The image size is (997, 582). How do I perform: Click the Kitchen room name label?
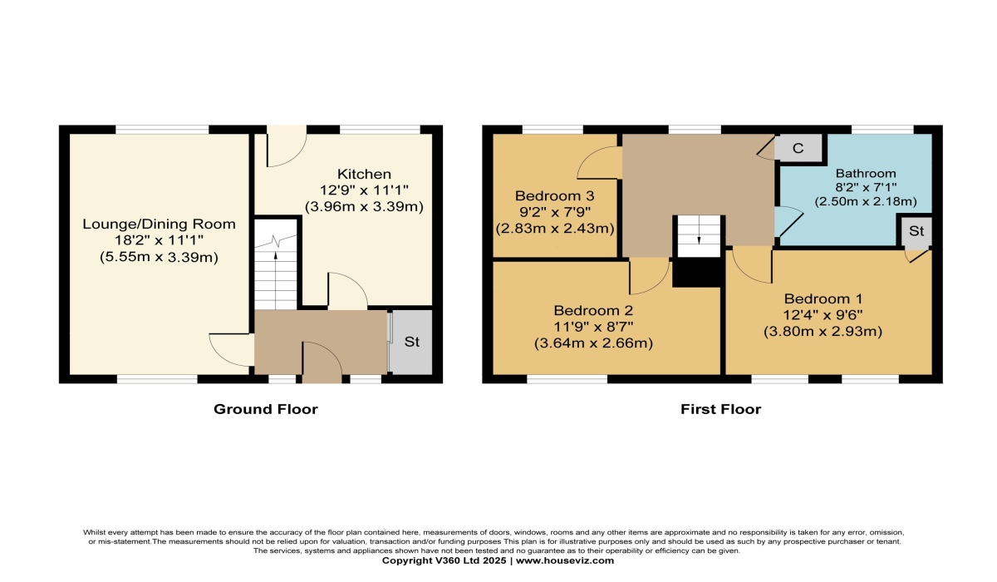(x=364, y=174)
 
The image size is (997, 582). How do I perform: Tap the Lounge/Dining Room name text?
(x=159, y=224)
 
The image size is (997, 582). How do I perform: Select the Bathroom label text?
(x=866, y=173)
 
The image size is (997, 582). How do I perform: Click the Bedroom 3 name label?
(x=555, y=195)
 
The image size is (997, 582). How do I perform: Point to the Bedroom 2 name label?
(x=593, y=310)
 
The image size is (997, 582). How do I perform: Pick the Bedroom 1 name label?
(x=823, y=298)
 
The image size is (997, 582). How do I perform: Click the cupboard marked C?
(x=798, y=148)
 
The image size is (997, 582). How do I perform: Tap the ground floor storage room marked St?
(x=412, y=342)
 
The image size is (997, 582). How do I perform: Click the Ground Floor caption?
(x=266, y=409)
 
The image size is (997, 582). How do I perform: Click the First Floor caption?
(x=720, y=409)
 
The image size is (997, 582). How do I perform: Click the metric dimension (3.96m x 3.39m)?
(x=364, y=207)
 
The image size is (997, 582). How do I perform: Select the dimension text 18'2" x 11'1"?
(x=159, y=240)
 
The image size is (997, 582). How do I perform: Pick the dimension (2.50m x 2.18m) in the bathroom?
(x=866, y=202)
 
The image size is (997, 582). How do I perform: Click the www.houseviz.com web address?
(x=565, y=560)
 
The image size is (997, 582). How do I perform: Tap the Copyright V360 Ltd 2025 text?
(x=444, y=560)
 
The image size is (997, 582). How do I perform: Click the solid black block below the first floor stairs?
(x=697, y=273)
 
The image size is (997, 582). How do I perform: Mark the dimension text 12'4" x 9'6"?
(x=823, y=315)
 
